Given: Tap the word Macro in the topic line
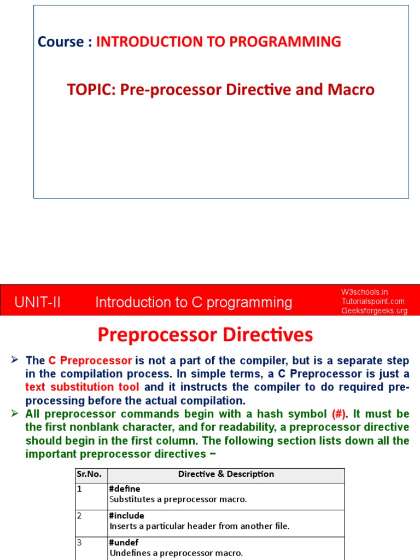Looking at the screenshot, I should (353, 90).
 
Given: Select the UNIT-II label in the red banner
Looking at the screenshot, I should (38, 302).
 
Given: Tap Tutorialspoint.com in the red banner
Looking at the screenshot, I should (373, 301).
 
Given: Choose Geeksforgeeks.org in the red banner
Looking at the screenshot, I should (375, 311).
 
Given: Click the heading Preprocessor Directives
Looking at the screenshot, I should (205, 335).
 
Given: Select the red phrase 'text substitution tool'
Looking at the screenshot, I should (83, 387).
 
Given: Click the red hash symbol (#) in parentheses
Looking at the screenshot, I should (339, 414).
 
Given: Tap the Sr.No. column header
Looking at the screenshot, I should (89, 475).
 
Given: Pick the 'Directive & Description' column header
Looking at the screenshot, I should (226, 475).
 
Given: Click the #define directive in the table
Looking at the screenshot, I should (125, 489).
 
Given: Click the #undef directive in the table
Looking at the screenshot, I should (124, 542).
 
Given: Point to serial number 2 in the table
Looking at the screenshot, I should (79, 516).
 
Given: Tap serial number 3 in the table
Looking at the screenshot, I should (79, 542).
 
